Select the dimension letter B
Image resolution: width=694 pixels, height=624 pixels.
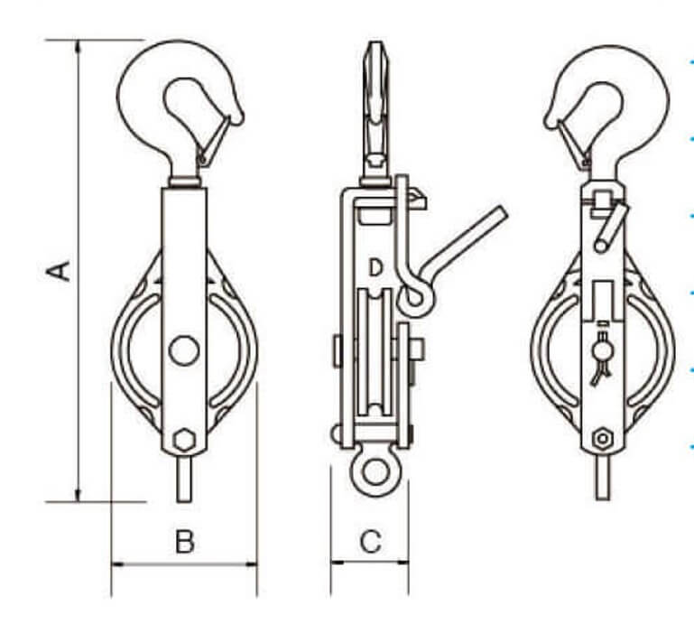[x=184, y=542]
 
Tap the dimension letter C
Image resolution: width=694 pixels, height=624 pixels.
[x=370, y=542]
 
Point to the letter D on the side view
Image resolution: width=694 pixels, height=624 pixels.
[x=375, y=267]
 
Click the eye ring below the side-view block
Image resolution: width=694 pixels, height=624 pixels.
[x=370, y=473]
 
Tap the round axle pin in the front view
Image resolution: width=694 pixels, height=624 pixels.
[x=184, y=349]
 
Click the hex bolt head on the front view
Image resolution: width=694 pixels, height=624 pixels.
[x=184, y=441]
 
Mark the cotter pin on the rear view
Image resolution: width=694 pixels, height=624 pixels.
[x=601, y=359]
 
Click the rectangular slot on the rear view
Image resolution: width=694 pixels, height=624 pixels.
[x=602, y=299]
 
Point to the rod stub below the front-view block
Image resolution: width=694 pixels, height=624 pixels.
[x=184, y=479]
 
